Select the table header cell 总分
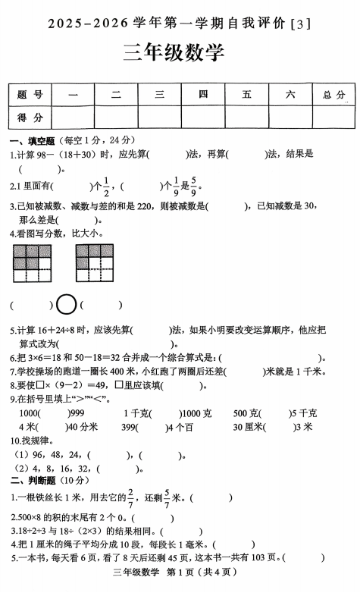pyautogui.click(x=333, y=94)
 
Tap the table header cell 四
pyautogui.click(x=203, y=94)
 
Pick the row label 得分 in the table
pyautogui.click(x=29, y=117)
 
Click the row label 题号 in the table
pyautogui.click(x=29, y=94)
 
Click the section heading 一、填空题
pyautogui.click(x=33, y=140)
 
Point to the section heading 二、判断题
pyautogui.click(x=33, y=480)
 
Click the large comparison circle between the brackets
pyautogui.click(x=66, y=305)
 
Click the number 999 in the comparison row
pyautogui.click(x=77, y=413)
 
